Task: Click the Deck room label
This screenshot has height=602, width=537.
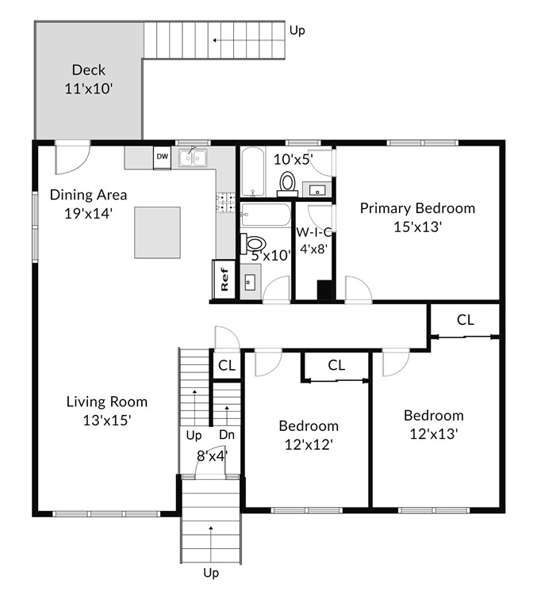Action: pyautogui.click(x=88, y=70)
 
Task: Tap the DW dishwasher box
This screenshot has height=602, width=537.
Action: pyautogui.click(x=163, y=158)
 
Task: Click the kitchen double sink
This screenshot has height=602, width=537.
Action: pyautogui.click(x=193, y=158)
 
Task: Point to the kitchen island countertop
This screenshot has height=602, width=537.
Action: pyautogui.click(x=157, y=233)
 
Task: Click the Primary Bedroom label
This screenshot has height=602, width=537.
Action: pyautogui.click(x=417, y=208)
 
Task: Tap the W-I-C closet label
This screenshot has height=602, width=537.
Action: pyautogui.click(x=313, y=232)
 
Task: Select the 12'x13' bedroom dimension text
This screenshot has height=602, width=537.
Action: pyautogui.click(x=434, y=434)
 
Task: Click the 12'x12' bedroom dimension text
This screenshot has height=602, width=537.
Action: pyautogui.click(x=309, y=444)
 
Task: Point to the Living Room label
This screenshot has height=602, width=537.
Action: pyautogui.click(x=107, y=402)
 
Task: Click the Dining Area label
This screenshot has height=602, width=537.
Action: pyautogui.click(x=88, y=195)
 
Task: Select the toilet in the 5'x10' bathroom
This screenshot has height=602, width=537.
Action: pyautogui.click(x=253, y=243)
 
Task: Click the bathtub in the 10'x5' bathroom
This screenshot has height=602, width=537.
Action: pyautogui.click(x=252, y=171)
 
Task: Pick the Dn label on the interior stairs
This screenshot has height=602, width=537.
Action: pyautogui.click(x=227, y=435)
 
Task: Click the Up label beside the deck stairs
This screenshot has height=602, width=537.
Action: pyautogui.click(x=297, y=30)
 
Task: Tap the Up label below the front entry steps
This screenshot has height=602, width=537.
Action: pyautogui.click(x=211, y=573)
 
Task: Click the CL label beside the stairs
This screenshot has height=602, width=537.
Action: pyautogui.click(x=227, y=365)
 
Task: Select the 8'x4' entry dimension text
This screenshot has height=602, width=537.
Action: pyautogui.click(x=213, y=455)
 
